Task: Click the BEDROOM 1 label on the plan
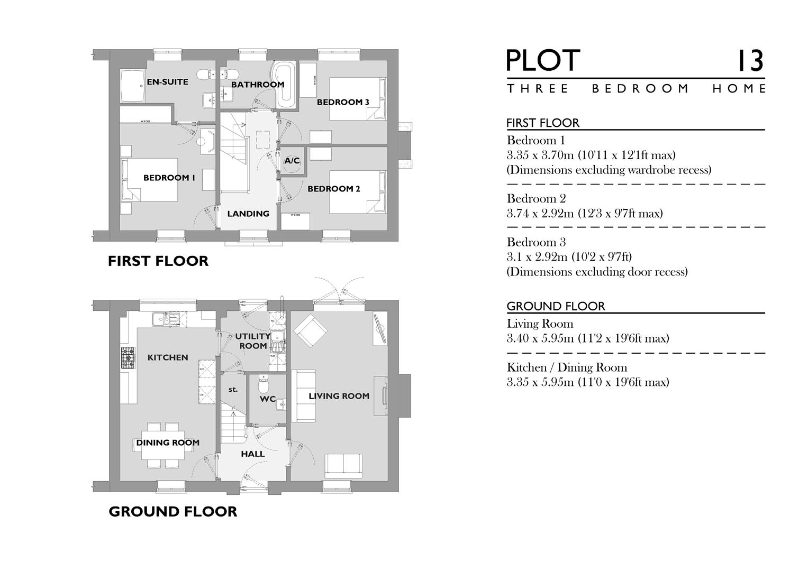[x=169, y=178]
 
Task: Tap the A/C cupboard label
[x=292, y=161]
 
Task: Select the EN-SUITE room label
[x=168, y=82]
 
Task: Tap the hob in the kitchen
[x=128, y=357]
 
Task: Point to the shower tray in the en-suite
[x=132, y=86]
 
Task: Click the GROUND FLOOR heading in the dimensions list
[x=556, y=306]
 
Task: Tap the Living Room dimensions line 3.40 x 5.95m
[x=587, y=338]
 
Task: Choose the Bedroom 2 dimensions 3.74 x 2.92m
[x=585, y=214]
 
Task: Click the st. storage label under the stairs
[x=233, y=390]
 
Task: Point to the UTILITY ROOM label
[x=253, y=341]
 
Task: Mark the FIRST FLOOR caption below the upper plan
[x=158, y=261]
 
